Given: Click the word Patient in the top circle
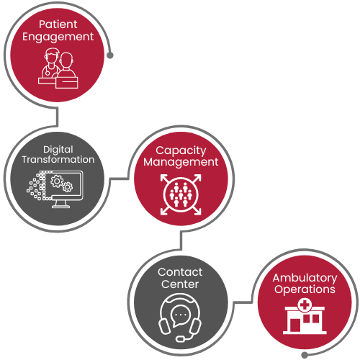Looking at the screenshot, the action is [58, 24].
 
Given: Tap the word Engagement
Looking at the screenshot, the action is [58, 37].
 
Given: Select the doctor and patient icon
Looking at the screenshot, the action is [58, 68].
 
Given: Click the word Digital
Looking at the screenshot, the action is [58, 150].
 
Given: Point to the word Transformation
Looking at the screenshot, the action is [58, 160].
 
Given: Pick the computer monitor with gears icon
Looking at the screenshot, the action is [55, 189].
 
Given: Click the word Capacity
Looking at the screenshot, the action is [181, 151].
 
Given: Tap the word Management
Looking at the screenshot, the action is [181, 162].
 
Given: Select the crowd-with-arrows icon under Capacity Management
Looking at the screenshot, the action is [181, 194].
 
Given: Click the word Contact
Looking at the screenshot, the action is [180, 272].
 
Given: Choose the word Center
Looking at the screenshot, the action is [180, 284].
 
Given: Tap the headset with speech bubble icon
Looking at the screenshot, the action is [180, 318].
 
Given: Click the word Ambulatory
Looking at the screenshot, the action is [305, 279].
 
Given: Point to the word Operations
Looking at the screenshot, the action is [305, 289].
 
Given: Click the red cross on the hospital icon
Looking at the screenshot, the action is [305, 305].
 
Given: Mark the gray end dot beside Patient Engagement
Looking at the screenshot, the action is [110, 55].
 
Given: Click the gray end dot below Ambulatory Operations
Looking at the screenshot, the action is [305, 355].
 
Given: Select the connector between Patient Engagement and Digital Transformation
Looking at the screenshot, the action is [57, 117].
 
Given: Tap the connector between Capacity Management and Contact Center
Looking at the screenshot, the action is [181, 240].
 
